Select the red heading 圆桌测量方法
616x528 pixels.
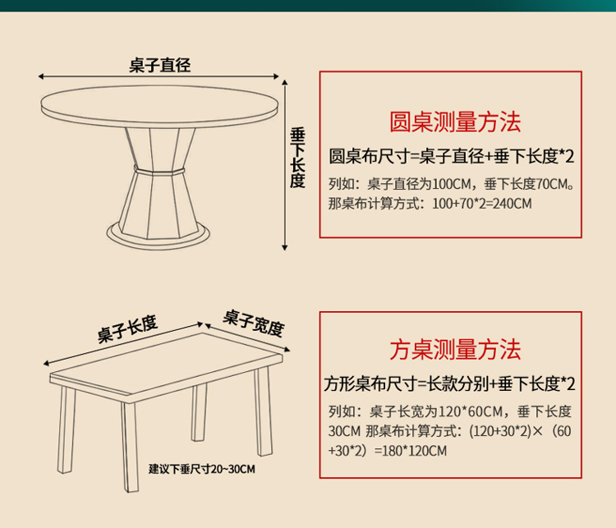point(454,123)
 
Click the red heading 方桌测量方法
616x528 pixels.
point(454,351)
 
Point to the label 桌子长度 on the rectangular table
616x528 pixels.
point(127,328)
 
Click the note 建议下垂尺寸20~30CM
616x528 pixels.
point(202,469)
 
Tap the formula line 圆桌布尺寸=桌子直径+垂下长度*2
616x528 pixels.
point(451,155)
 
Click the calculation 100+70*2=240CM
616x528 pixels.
point(476,202)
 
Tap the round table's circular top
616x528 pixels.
point(161,103)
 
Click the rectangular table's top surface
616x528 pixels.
point(164,360)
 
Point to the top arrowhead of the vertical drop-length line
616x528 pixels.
point(284,83)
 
